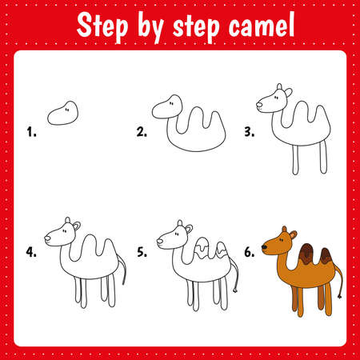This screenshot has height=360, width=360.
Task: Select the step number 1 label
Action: [32, 133]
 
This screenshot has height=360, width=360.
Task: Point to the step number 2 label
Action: [142, 133]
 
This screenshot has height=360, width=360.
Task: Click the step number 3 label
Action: [250, 133]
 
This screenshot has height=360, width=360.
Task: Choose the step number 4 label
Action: [32, 251]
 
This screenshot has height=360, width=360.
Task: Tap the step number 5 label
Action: [142, 251]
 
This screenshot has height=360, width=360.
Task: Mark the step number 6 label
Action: [250, 251]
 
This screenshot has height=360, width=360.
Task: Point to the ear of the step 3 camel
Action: [280, 90]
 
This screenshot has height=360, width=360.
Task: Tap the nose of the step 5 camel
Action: [159, 241]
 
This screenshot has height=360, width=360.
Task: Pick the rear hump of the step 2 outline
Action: [209, 124]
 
